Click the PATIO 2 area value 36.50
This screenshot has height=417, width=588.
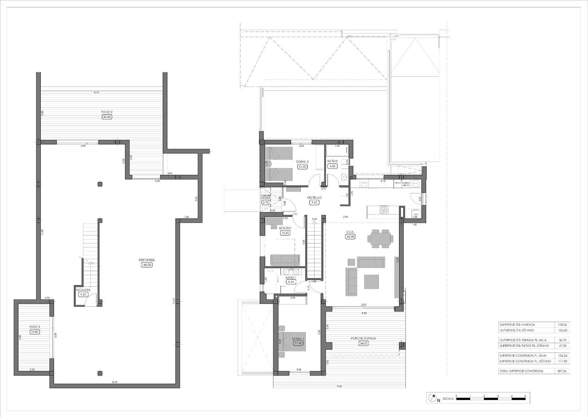[x=107, y=117]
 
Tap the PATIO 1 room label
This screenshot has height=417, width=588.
[x=34, y=326]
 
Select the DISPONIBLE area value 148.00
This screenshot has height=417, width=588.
[x=146, y=265]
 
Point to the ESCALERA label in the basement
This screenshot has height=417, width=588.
[x=83, y=290]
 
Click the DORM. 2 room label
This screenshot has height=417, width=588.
[x=302, y=162]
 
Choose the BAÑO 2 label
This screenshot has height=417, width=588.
[x=332, y=161]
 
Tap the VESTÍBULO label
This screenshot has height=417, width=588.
[x=314, y=198]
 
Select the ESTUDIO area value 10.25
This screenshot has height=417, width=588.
[x=285, y=233]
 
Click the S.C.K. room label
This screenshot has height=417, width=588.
[x=350, y=232]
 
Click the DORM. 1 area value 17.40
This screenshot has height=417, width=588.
[x=298, y=343]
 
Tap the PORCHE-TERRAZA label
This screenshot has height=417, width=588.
[x=363, y=338]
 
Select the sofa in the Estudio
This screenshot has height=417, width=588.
[x=285, y=260]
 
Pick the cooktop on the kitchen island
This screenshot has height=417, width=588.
[x=384, y=210]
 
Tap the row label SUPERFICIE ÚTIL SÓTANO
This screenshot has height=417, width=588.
[x=517, y=331]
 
